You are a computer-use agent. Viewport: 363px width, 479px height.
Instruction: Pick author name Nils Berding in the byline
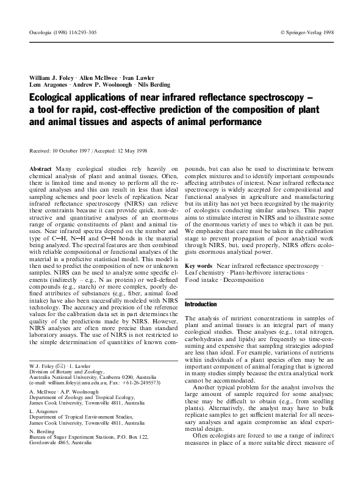(151, 85)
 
